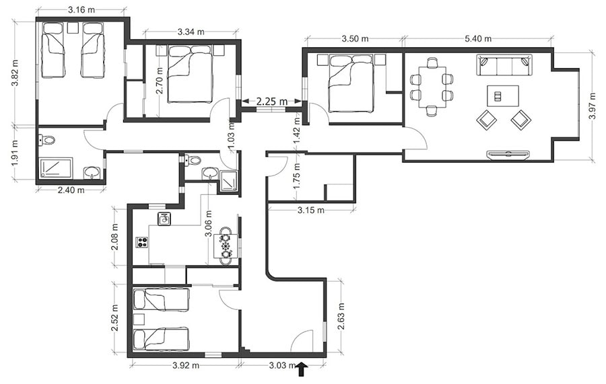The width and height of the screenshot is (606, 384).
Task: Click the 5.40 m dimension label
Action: coord(477,38)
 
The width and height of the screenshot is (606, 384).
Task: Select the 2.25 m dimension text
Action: coord(272,102)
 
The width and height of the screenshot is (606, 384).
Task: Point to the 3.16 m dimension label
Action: coord(81,10)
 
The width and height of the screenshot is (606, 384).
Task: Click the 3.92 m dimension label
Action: coord(186,365)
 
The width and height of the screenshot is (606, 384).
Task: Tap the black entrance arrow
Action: coord(302,369)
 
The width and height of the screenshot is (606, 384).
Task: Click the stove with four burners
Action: coord(141,242)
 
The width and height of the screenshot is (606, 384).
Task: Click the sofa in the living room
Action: coord(504,65)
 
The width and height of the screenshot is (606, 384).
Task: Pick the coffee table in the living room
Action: coord(503,95)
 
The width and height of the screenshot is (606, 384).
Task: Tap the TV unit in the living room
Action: coord(508,155)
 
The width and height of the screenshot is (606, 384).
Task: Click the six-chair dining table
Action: coord(432,87)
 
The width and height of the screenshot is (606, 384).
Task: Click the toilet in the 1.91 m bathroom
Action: coord(46,140)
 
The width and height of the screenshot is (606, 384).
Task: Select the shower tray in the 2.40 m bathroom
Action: coord(56,167)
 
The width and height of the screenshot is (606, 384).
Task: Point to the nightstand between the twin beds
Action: coord(72,28)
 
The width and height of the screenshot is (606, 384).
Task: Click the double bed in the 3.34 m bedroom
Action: coord(190,74)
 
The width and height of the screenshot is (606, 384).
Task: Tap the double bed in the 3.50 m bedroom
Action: coord(351,83)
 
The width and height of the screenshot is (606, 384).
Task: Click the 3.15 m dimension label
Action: coord(310,210)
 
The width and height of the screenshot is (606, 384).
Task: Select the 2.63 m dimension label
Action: coord(341,317)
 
